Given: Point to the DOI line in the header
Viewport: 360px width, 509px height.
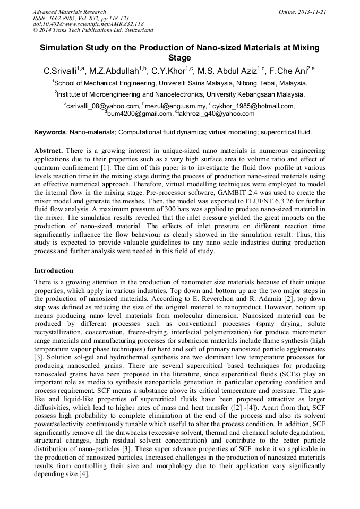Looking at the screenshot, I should tap(88, 24).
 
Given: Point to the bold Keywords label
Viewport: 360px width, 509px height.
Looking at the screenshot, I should tap(49, 132).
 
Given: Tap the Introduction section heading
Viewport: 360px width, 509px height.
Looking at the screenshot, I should tap(54, 270).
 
